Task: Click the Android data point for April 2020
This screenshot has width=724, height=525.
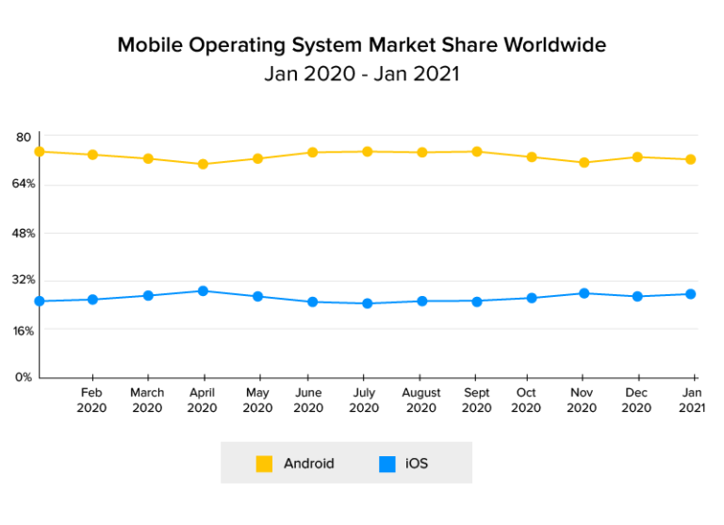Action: pos(203,164)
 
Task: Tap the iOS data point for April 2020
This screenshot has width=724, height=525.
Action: pos(203,291)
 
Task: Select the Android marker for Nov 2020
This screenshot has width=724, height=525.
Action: pos(584,163)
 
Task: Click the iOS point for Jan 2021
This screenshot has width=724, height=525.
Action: pos(691,294)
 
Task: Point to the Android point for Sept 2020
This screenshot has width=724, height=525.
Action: pos(477,152)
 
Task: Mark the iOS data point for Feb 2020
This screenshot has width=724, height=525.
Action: pos(92,300)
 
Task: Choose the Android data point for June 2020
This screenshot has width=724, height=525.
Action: pos(312,153)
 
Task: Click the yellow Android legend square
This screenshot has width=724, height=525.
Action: pos(265,464)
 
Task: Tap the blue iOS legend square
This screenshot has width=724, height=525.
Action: pos(387,464)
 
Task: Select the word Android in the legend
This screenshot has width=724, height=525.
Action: pos(308,464)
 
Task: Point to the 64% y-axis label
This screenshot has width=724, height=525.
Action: pos(25,184)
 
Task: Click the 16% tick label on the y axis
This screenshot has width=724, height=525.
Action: pos(24,331)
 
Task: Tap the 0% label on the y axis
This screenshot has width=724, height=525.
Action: pos(24,377)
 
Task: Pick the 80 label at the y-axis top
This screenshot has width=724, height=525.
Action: pos(24,137)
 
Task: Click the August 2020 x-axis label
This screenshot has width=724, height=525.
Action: pos(421,401)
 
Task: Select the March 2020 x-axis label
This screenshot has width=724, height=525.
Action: pos(147,401)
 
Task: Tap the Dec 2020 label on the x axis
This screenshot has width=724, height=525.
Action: pos(637,401)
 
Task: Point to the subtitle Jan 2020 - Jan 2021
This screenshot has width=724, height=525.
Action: pos(362,74)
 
